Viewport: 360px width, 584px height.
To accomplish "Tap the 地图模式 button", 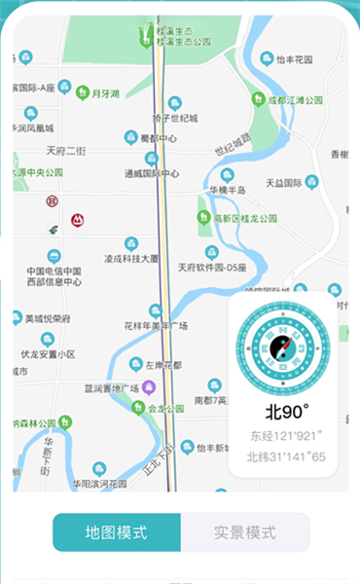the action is (x=116, y=532).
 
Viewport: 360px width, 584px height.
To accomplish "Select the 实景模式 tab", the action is (x=245, y=532).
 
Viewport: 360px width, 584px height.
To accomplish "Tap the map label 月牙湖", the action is (x=104, y=94).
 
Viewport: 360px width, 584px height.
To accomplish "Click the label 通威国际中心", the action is (x=152, y=174).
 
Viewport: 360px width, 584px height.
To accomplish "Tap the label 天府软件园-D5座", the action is (x=212, y=267).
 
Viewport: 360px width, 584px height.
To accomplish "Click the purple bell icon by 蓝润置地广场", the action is (x=149, y=388).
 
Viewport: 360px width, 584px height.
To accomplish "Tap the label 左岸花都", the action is (x=163, y=367).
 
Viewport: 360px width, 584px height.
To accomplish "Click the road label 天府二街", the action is (x=66, y=151).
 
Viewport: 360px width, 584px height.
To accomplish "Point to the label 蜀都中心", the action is (x=158, y=138).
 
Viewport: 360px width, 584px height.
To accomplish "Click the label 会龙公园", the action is (x=161, y=409).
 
